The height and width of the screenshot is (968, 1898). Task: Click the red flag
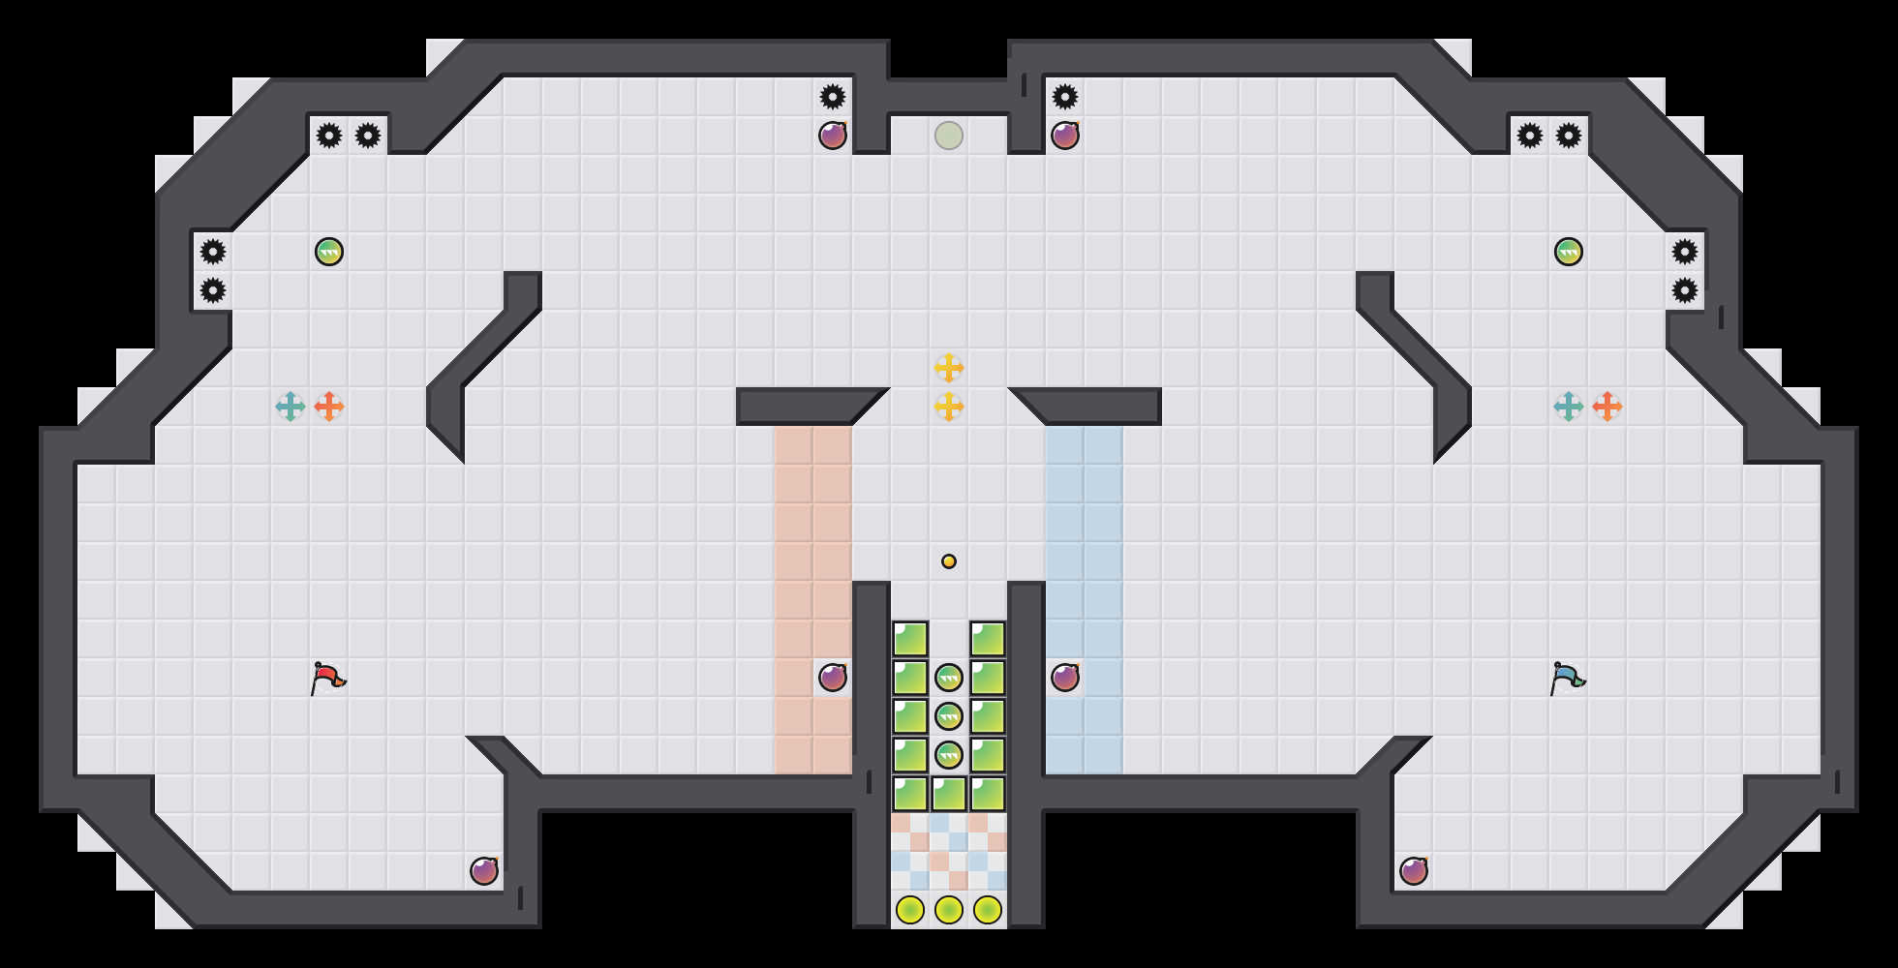click(x=327, y=678)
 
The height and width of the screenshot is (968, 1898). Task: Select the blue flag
click(x=1567, y=678)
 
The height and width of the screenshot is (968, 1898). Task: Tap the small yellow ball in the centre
click(x=949, y=561)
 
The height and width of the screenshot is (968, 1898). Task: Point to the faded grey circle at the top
click(x=949, y=136)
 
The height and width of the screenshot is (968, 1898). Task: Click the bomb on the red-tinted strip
click(x=833, y=678)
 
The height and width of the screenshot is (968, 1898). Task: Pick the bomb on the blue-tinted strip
click(x=1065, y=678)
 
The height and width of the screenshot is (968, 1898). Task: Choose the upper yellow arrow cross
click(x=949, y=368)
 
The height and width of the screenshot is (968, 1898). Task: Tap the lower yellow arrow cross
click(x=949, y=407)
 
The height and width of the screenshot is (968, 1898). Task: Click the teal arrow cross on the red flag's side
click(x=291, y=407)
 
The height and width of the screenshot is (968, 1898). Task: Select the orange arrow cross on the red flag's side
click(x=329, y=407)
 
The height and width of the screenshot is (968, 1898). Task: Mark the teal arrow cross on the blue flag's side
click(x=1569, y=407)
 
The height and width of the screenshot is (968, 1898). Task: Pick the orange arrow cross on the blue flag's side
click(x=1607, y=407)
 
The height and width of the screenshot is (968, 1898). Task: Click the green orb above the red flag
click(x=329, y=252)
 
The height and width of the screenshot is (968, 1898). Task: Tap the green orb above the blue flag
click(x=1569, y=252)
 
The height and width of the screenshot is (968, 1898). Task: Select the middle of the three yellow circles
click(x=949, y=910)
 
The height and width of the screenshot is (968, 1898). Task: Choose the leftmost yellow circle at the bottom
click(x=910, y=910)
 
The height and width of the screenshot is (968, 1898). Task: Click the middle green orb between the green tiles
click(x=949, y=716)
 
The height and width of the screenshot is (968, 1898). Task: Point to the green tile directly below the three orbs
click(x=949, y=794)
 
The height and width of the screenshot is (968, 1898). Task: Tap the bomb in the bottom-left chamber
click(x=484, y=871)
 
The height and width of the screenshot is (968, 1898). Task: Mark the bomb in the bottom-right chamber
click(x=1414, y=871)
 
